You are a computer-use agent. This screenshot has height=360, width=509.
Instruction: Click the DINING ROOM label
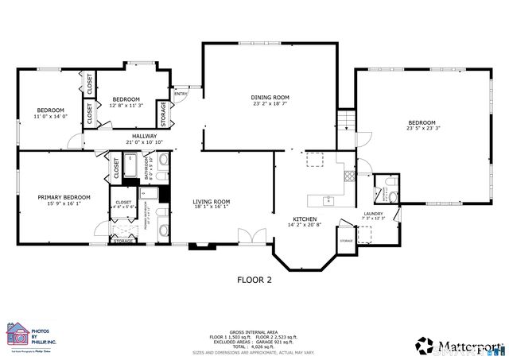(x=268, y=97)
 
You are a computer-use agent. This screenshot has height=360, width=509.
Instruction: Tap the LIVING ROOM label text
(x=211, y=201)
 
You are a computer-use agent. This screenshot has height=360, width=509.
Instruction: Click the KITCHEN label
(x=305, y=219)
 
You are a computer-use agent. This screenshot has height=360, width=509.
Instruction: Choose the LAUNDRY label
(x=374, y=213)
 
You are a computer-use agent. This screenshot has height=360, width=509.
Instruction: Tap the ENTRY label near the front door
(x=181, y=94)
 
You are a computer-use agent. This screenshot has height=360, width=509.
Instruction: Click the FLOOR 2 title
(x=254, y=279)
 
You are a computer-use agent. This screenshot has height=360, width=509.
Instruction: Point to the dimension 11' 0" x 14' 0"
(x=50, y=117)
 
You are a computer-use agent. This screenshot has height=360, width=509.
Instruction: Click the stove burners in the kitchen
(x=316, y=160)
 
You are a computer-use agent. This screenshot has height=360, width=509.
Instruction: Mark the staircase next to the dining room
(x=344, y=123)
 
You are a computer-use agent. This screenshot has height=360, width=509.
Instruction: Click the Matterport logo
(x=459, y=345)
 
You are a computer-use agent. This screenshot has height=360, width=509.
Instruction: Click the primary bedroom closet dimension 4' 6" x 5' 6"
(x=123, y=207)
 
